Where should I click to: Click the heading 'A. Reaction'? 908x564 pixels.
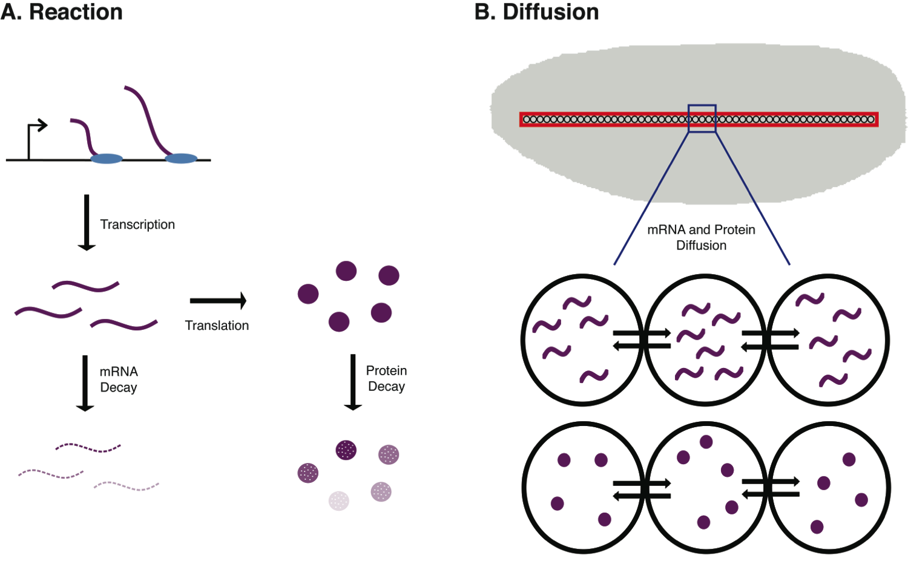click(x=62, y=12)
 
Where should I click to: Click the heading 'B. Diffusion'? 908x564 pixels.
click(x=537, y=12)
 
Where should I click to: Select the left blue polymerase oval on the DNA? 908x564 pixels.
click(x=107, y=159)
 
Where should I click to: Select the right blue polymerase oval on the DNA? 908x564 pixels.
click(x=181, y=159)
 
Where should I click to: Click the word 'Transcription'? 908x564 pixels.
click(x=137, y=225)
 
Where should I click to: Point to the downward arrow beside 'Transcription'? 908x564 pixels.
click(x=87, y=222)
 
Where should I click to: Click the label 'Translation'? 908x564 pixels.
click(x=217, y=326)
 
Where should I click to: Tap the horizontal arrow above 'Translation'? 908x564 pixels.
click(x=218, y=300)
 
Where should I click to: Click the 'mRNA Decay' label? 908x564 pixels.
click(x=119, y=379)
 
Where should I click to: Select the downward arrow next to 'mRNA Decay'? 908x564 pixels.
click(x=85, y=382)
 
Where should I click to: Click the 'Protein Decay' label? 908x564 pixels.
click(x=386, y=378)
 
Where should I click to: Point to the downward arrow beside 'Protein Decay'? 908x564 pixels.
click(x=353, y=382)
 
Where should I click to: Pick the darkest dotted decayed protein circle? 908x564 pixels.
click(x=346, y=450)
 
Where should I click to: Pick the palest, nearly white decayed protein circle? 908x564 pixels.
click(x=339, y=500)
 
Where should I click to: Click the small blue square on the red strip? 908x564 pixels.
click(x=702, y=119)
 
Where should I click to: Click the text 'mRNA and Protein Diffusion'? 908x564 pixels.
click(x=701, y=237)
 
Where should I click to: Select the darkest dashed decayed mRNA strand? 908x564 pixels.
click(x=88, y=448)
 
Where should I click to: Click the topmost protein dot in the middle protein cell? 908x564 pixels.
click(x=706, y=442)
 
